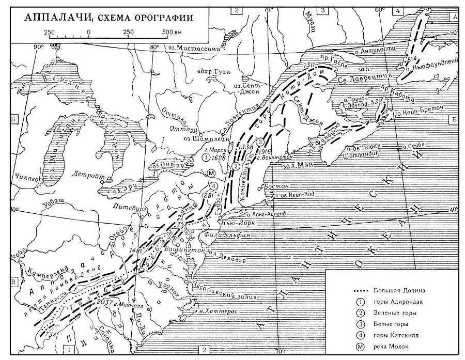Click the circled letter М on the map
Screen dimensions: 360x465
[211, 173]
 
